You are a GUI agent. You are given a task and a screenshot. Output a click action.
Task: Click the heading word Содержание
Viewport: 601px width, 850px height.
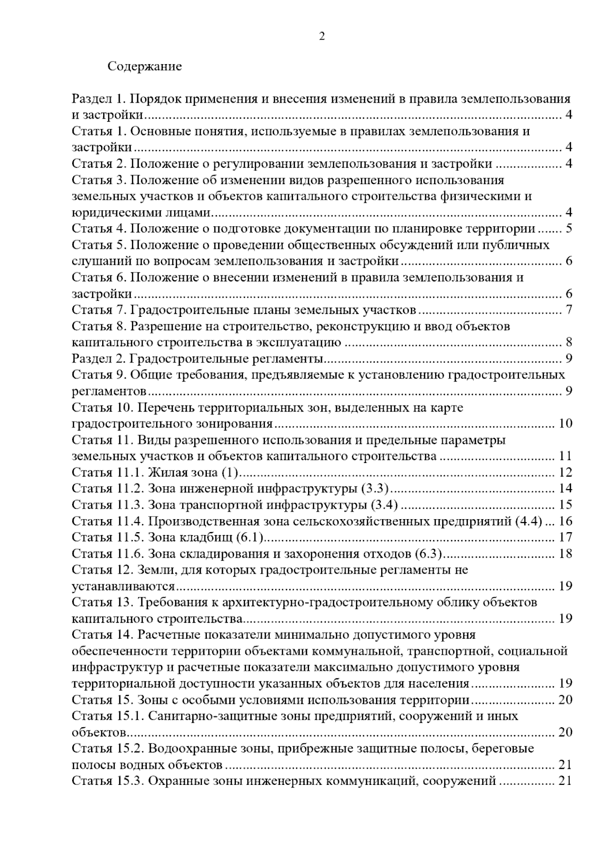144,67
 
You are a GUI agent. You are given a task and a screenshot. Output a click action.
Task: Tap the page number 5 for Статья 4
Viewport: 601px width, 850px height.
569,229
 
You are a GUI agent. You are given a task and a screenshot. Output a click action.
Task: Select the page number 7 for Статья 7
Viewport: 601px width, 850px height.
569,310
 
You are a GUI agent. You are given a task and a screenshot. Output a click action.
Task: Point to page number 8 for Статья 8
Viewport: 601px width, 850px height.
569,343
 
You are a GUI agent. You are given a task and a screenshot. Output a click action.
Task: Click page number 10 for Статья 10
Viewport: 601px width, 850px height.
565,424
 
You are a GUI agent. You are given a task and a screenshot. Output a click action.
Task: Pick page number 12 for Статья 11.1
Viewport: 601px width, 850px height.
565,473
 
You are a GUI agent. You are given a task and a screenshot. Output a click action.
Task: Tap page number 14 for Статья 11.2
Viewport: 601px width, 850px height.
565,489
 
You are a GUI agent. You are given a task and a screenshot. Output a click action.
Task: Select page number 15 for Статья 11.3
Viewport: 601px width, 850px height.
565,505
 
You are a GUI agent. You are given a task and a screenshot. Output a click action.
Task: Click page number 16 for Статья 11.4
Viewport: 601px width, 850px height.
565,521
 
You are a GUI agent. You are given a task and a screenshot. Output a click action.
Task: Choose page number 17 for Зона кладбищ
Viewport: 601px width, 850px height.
565,537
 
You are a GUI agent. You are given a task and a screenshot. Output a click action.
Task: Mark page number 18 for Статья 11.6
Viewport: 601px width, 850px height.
565,554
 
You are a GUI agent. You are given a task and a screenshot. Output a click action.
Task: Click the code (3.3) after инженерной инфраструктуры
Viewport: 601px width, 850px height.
375,489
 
